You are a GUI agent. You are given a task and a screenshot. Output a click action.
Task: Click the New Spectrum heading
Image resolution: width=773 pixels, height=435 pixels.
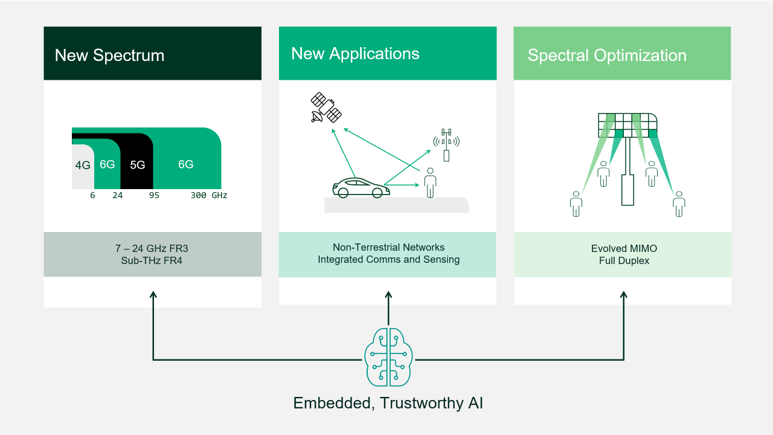pos(109,56)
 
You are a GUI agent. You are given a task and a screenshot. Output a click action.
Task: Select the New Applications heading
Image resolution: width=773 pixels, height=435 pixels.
pos(355,53)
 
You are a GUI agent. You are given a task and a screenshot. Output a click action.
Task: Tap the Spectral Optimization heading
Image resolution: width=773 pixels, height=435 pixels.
pos(607,56)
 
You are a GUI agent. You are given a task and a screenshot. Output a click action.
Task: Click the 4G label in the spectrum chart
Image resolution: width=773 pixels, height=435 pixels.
pos(83,165)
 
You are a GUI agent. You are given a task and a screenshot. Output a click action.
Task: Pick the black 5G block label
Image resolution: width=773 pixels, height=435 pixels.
pos(138,165)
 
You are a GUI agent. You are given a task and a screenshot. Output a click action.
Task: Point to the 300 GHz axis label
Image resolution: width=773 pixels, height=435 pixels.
pos(209,196)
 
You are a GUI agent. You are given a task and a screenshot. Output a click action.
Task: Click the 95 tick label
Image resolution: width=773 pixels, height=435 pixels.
pos(154,196)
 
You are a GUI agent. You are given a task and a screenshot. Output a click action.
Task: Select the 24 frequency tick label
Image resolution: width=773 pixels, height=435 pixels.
pos(117,196)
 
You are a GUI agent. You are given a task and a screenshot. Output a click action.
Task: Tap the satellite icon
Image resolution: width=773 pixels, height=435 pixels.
pos(326,108)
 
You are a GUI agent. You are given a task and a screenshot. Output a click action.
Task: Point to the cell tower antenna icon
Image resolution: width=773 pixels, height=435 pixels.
pos(446,144)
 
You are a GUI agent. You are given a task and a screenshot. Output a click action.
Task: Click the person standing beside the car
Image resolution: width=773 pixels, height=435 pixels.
pos(430,182)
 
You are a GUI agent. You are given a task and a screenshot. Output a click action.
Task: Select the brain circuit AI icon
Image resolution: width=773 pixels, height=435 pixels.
pos(388,356)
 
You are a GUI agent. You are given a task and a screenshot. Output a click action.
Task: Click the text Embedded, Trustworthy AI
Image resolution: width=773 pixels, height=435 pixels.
pos(388,403)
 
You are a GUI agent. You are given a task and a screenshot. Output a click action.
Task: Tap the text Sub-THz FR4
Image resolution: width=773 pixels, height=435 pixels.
pos(152,260)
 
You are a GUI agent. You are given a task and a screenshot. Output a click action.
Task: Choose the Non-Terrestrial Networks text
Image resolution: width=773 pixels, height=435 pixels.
pos(388,247)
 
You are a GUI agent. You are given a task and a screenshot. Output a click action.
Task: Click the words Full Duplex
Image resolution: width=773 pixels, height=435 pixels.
pos(624,261)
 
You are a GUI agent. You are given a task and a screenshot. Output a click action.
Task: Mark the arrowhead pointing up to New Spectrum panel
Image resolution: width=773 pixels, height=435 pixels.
pos(153,295)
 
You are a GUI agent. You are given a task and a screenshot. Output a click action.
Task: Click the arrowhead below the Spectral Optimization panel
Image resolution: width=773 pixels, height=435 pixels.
pos(624,295)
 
